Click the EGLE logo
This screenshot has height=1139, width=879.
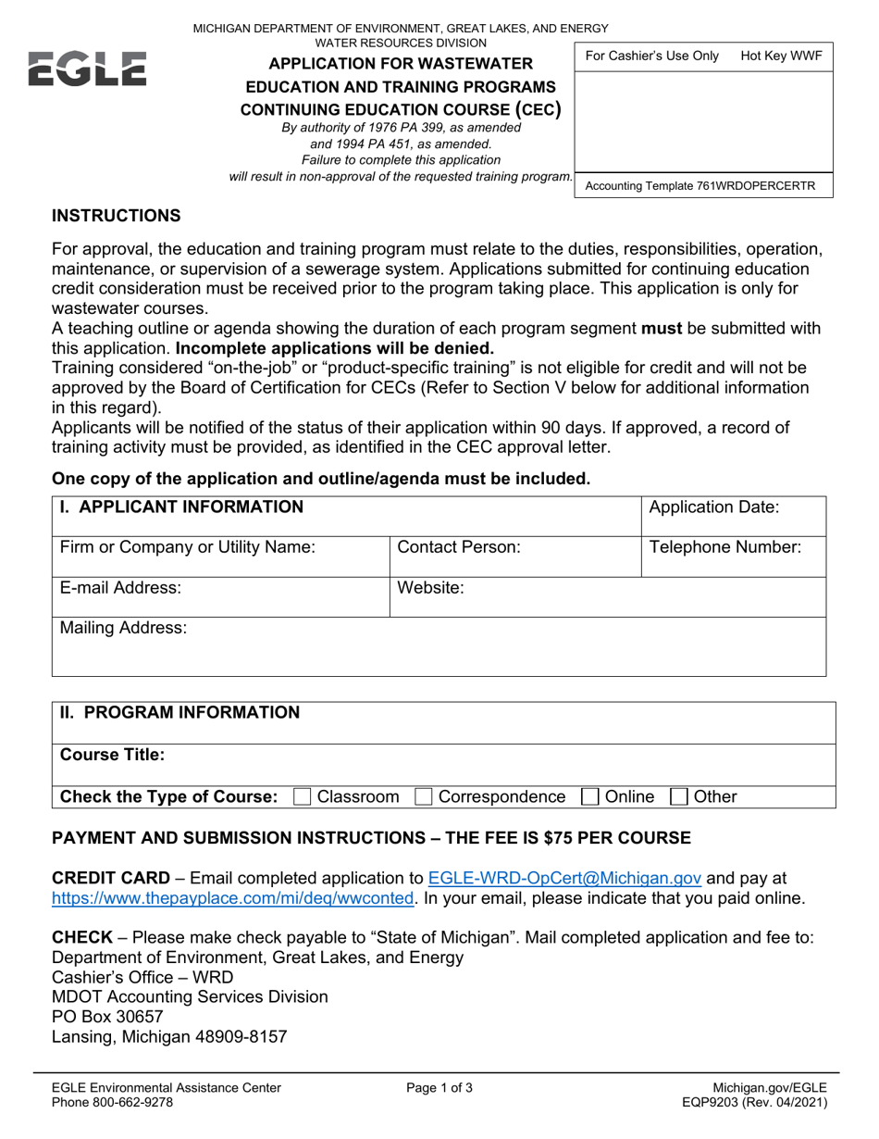coord(88,69)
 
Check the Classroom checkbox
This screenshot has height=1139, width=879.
coord(302,796)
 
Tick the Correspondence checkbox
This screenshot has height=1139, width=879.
coord(424,796)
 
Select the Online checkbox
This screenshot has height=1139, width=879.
coord(589,796)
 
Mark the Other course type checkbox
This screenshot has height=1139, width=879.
coord(678,796)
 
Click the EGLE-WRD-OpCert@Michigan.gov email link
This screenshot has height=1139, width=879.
coord(564,878)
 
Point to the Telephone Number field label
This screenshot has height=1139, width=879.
coord(726,547)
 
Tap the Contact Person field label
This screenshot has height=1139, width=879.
coord(458,547)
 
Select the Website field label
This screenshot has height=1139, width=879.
coord(430,587)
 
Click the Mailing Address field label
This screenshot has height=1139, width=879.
coord(123,628)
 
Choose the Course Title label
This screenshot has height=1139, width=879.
coord(112,754)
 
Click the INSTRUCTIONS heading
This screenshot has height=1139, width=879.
coord(116,216)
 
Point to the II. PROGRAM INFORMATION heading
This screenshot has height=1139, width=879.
coord(180,712)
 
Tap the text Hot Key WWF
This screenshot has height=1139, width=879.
coord(781,56)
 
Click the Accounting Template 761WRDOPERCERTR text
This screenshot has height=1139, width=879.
coord(700,186)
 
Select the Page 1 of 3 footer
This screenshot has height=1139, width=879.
coord(439,1088)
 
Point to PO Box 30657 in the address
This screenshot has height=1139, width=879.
coord(107,1016)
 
